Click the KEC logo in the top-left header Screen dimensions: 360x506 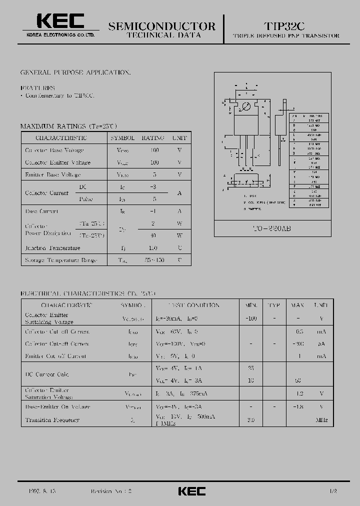coord(59,22)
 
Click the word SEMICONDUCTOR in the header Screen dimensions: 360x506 coord(161,26)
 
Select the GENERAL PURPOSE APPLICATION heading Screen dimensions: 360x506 coord(75,72)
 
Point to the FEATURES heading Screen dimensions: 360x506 coord(38,87)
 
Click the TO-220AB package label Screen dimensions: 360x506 coord(272,228)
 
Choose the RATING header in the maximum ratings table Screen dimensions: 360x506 coord(153,137)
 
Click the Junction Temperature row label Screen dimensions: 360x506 coord(52,248)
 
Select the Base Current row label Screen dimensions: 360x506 coord(41,211)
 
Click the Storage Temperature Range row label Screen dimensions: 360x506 coord(60,260)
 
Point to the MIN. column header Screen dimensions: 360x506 coord(251,305)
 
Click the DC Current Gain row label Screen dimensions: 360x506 coord(47,374)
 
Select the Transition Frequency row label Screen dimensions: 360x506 coord(52,420)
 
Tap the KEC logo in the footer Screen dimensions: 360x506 coord(192,491)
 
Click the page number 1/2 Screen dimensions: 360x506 coord(333,491)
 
